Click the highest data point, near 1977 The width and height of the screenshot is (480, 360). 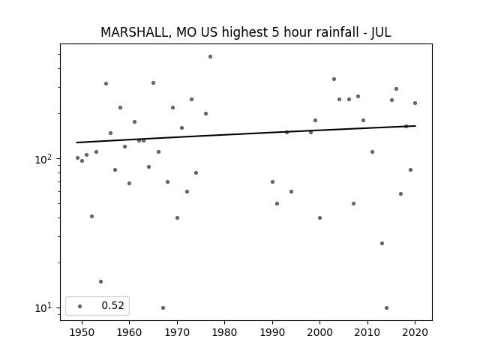click(210, 57)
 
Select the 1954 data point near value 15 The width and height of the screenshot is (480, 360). click(100, 282)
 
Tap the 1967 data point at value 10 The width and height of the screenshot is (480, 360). click(163, 308)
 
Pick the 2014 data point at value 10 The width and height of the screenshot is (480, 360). click(387, 308)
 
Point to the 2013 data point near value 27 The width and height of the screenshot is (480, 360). click(382, 243)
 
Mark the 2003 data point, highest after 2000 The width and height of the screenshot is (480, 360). click(334, 79)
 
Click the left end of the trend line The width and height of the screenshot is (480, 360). click(76, 142)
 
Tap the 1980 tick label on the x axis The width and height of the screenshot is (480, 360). click(225, 332)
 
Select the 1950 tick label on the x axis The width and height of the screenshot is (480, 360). click(82, 332)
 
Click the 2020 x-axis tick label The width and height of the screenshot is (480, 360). click(415, 332)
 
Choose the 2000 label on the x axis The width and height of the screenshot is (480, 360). click(320, 332)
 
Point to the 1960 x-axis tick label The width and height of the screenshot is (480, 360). click(129, 332)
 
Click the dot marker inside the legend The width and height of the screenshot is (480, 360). click(80, 306)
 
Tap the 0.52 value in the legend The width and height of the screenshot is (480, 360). click(112, 305)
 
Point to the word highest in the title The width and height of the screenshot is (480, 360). click(244, 32)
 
